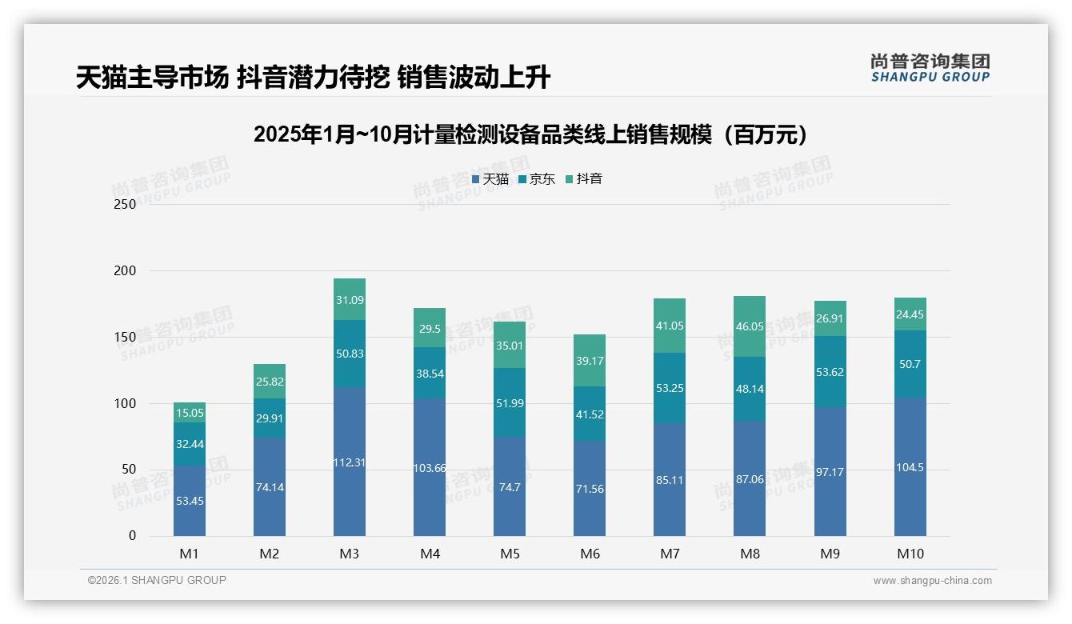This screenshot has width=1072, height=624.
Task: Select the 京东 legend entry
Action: click(x=537, y=179)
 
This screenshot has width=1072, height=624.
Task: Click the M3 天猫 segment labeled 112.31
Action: click(x=350, y=462)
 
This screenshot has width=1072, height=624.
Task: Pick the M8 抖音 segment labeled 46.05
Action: click(x=750, y=326)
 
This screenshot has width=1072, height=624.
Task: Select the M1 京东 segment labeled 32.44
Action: click(x=190, y=444)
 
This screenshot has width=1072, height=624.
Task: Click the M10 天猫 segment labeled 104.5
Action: click(x=910, y=467)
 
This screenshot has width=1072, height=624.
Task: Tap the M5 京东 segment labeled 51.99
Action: click(x=510, y=402)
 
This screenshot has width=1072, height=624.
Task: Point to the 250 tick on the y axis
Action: click(x=126, y=204)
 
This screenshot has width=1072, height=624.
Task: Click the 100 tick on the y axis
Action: click(x=126, y=403)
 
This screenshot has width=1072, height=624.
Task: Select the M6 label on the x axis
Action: click(x=590, y=554)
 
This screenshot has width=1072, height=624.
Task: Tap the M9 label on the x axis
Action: click(x=830, y=554)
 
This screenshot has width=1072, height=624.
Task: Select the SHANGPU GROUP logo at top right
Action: click(x=930, y=68)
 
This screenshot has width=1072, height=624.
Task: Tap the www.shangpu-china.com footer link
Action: click(x=932, y=581)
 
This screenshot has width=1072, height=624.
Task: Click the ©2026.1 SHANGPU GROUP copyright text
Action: click(x=157, y=580)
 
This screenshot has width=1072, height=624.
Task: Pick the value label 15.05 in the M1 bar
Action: click(x=190, y=413)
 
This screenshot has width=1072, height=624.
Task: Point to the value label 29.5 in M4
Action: click(x=430, y=329)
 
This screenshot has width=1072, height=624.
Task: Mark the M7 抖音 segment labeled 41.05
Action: click(x=670, y=326)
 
